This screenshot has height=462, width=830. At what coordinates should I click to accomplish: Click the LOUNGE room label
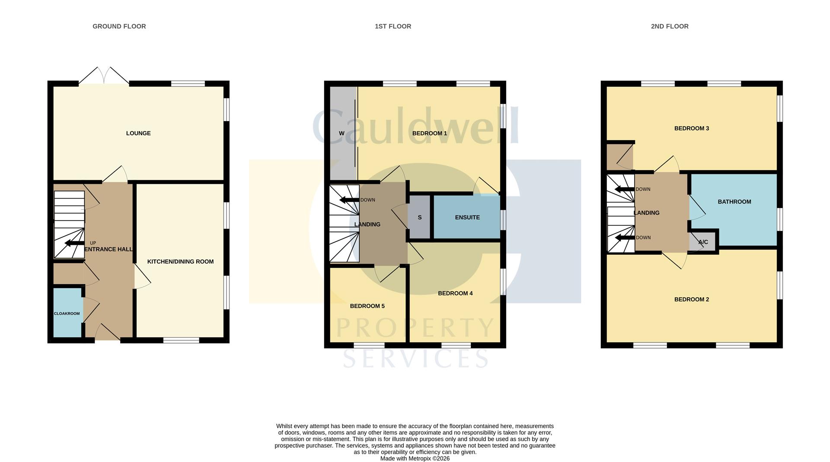tap(138, 133)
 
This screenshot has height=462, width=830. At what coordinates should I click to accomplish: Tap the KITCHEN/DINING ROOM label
tap(180, 262)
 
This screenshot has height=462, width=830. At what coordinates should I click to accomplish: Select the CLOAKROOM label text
tap(67, 314)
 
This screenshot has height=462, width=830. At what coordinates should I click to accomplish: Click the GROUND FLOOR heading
tap(119, 26)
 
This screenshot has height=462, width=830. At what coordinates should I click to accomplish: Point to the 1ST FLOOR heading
tap(393, 26)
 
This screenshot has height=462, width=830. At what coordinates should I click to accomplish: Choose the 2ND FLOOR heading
tap(670, 26)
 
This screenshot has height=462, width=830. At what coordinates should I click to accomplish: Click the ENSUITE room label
tap(467, 217)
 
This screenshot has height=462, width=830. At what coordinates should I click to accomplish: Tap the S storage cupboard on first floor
tap(419, 217)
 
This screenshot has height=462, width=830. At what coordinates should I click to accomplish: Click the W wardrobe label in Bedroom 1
tap(342, 133)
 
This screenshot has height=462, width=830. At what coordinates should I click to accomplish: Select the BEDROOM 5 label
tap(367, 306)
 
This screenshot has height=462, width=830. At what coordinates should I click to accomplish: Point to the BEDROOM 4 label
tap(455, 293)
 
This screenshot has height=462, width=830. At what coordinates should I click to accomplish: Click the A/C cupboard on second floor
tap(703, 241)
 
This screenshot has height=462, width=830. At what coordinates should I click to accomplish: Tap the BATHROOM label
tap(734, 202)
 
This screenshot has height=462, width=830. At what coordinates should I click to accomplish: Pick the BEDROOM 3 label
tap(692, 128)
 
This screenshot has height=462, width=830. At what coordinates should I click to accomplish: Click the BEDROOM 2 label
tap(692, 299)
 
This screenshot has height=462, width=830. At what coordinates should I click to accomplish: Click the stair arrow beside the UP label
tap(74, 243)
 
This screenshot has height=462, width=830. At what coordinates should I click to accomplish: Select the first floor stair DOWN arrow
tap(349, 200)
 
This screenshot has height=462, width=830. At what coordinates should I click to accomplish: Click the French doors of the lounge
tap(104, 75)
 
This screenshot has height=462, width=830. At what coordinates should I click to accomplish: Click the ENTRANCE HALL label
tap(109, 249)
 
